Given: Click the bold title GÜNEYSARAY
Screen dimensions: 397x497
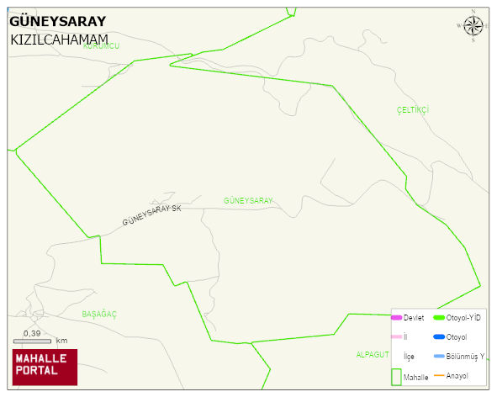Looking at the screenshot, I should (x=58, y=22).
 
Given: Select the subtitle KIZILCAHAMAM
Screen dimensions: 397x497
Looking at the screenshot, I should (x=60, y=40).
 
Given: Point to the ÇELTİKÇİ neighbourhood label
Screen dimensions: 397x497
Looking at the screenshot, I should (x=413, y=110).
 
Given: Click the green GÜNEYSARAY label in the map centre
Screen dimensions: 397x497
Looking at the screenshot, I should (x=248, y=200).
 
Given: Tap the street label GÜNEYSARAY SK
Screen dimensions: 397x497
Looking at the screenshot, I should (x=151, y=214).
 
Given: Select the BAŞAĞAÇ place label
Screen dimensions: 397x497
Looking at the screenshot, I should (x=99, y=314).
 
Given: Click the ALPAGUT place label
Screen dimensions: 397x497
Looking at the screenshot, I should (x=373, y=354).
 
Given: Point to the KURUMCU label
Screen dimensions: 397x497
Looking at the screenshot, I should (x=102, y=46).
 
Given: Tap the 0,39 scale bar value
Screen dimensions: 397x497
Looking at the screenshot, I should (x=32, y=334).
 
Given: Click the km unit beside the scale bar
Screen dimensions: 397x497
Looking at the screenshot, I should (x=61, y=341).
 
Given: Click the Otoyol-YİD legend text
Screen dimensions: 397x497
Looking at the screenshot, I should (x=463, y=318).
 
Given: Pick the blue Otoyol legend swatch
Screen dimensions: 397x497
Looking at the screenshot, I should (x=438, y=337).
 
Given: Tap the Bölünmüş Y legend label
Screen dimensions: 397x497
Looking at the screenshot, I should (x=465, y=356).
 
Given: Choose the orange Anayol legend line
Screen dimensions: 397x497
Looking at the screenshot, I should (x=438, y=375).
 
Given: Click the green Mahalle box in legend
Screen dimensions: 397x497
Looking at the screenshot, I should (x=396, y=377).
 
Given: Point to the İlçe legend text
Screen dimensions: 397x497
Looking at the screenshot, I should (x=409, y=357).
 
